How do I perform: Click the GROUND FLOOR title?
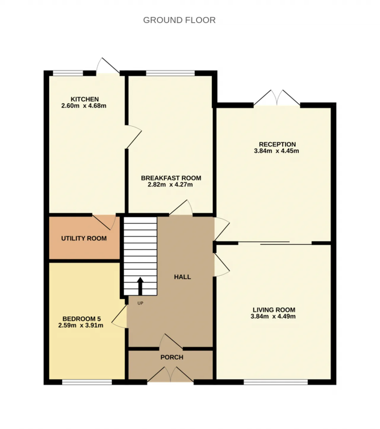tap(179, 20)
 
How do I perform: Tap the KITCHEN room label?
tap(85, 99)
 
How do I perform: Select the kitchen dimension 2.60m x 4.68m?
tap(84, 106)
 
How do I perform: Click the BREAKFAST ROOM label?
tap(171, 178)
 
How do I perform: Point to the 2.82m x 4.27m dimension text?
tap(170, 184)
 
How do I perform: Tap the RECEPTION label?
tap(277, 144)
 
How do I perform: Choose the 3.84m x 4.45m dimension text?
tap(276, 151)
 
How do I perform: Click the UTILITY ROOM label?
tap(84, 238)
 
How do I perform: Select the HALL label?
tap(182, 277)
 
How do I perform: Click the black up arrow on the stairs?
tap(140, 286)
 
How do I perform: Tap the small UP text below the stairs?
tap(140, 303)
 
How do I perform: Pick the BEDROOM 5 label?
tap(82, 319)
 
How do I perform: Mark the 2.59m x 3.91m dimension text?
tap(81, 325)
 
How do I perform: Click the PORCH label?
tap(172, 357)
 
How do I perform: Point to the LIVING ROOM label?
tap(274, 310)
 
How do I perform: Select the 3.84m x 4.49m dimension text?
tap(273, 316)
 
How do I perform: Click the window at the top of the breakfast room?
tap(170, 73)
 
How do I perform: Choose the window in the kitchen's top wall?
tap(68, 73)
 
